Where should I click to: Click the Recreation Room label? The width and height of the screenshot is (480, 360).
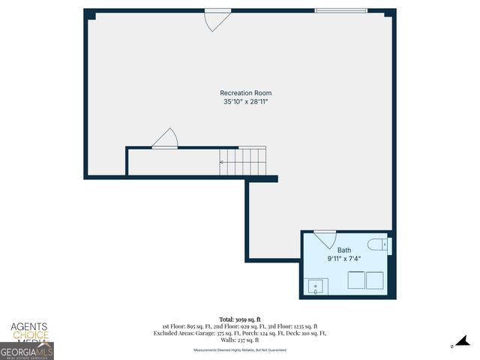pos(245,93)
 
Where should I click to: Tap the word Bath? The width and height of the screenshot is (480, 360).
pos(343,250)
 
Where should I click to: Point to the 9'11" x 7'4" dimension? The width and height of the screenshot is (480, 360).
pos(343,259)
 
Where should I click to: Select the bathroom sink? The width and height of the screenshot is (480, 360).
pos(316,286)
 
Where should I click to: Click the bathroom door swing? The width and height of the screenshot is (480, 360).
pos(326,239)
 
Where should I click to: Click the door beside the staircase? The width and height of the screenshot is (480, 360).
pos(165,139)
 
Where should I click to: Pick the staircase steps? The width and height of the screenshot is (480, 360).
pos(242,160)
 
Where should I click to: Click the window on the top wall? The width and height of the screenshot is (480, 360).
pos(340,10)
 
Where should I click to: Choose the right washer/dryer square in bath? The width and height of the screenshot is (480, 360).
pos(374,280)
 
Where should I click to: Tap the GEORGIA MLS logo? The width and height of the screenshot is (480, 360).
pos(26,350)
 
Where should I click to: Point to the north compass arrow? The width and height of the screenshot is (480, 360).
pos(463,343)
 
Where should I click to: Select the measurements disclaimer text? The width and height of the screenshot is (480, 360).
pos(239,349)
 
